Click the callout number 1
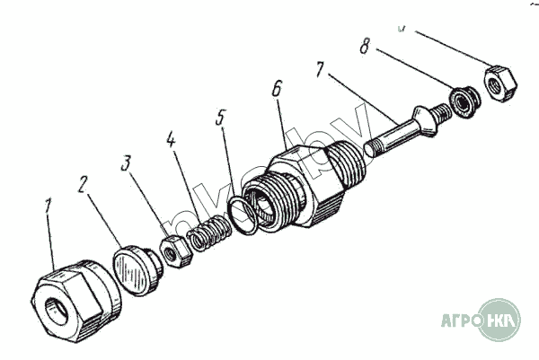pyautogui.click(x=49, y=208)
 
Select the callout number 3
pyautogui.click(x=128, y=163)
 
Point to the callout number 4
pyautogui.click(x=172, y=140)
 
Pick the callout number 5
pyautogui.click(x=221, y=118)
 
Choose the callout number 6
pyautogui.click(x=278, y=90)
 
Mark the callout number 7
pyautogui.click(x=321, y=68)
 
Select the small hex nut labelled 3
pyautogui.click(x=176, y=252)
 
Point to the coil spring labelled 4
pyautogui.click(x=208, y=235)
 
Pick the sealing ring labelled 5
pyautogui.click(x=243, y=215)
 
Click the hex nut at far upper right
pyautogui.click(x=498, y=83)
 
